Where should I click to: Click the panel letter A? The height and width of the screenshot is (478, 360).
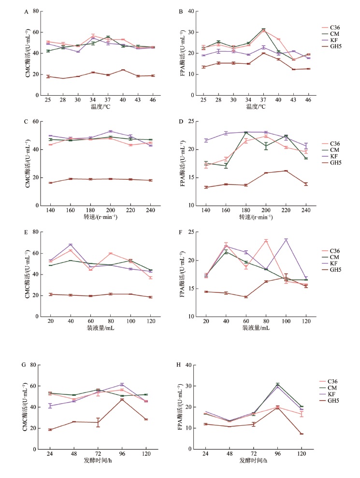pos(26,13)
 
